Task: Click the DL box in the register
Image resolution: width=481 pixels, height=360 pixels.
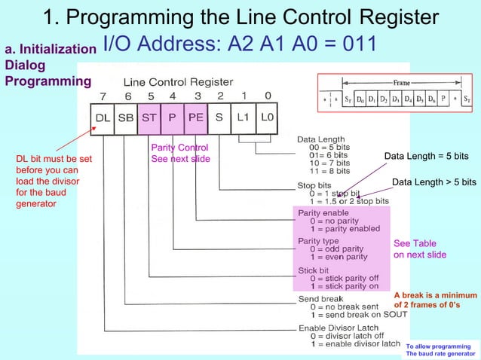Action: click(x=103, y=117)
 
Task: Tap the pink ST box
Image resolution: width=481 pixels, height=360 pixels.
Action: click(x=149, y=117)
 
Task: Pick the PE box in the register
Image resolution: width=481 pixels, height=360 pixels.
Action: click(x=195, y=117)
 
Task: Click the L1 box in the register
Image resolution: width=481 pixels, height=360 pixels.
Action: click(x=243, y=117)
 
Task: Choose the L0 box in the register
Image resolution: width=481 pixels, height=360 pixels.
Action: click(x=268, y=117)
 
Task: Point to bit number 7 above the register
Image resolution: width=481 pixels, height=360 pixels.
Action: click(x=103, y=96)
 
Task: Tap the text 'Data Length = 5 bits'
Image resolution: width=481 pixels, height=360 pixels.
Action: click(x=426, y=156)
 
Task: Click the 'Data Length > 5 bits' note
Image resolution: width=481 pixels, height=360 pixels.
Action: click(x=434, y=182)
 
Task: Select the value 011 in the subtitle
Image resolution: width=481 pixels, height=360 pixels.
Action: click(x=354, y=44)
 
